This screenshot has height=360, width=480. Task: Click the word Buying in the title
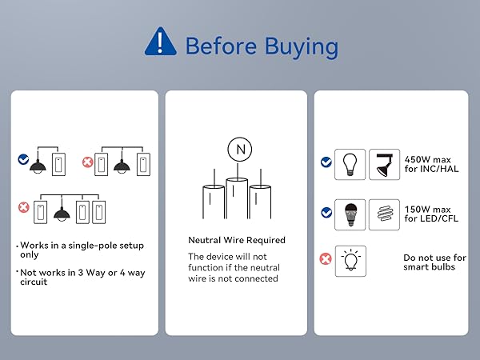[x=302, y=47]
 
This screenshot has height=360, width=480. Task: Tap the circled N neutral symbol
[x=240, y=150]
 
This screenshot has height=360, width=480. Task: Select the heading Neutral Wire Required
[x=237, y=240]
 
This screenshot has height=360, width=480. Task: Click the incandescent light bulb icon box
[x=350, y=164]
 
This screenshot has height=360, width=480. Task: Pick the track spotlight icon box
[x=384, y=164]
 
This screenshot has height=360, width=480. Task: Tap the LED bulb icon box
[x=350, y=214]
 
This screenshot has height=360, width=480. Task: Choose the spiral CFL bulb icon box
[x=384, y=214]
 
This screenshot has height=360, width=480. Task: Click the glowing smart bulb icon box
[x=350, y=261]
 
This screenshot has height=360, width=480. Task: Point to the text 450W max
[x=428, y=159]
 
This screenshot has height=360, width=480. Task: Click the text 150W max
[x=428, y=210]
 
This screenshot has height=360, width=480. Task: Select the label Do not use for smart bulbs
[x=434, y=262]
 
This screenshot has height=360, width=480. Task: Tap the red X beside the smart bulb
[x=326, y=259]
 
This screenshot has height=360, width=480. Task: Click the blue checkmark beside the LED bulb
[x=326, y=212]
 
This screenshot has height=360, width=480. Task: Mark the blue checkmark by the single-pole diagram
[x=23, y=159]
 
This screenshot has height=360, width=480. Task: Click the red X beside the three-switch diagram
[x=23, y=207]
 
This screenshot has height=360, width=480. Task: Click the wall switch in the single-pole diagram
[x=58, y=164]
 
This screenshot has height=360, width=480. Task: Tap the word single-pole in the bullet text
[x=88, y=246]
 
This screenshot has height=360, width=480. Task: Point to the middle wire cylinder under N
[x=237, y=198]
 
